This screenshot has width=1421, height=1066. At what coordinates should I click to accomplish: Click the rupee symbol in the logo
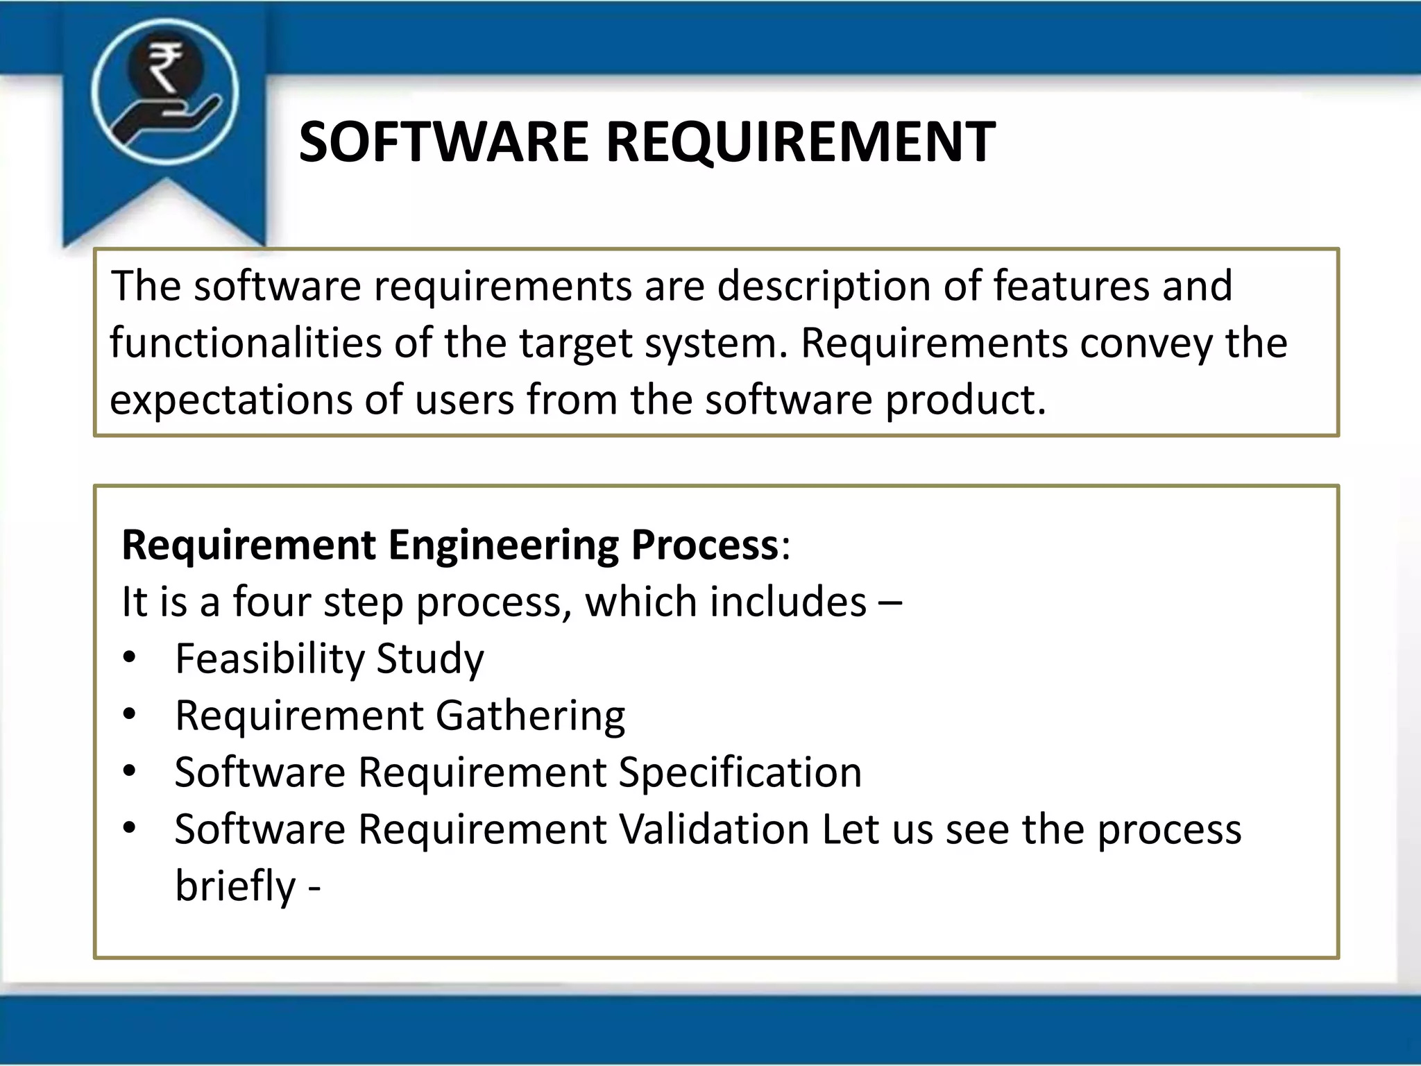164,67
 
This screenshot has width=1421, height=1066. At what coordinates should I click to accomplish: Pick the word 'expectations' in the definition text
231,400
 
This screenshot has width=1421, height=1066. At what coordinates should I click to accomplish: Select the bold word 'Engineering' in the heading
502,545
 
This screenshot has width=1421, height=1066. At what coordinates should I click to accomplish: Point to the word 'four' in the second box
271,602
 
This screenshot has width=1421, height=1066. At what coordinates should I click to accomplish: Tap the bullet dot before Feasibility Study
130,658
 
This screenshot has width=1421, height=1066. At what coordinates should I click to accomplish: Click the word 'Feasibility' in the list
270,659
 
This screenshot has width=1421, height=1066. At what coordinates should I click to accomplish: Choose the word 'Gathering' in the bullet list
530,716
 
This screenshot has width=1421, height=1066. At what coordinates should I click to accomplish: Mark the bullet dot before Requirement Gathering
130,715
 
